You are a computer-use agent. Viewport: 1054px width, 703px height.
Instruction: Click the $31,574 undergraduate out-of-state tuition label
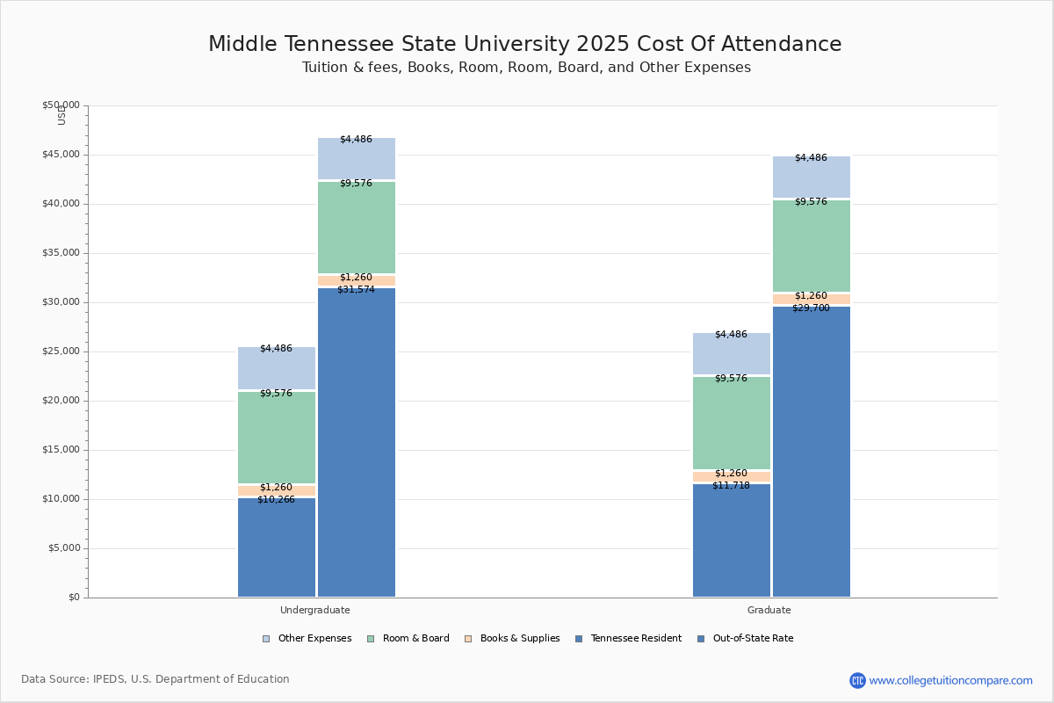[356, 289]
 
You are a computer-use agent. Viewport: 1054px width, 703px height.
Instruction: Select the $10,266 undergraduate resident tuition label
[276, 499]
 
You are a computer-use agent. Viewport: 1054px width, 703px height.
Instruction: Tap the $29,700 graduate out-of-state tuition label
[811, 308]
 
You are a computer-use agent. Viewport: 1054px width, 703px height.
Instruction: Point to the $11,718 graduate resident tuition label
[731, 485]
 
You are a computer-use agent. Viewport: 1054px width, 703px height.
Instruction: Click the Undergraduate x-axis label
[315, 610]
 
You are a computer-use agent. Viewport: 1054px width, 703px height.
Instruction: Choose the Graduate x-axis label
[769, 610]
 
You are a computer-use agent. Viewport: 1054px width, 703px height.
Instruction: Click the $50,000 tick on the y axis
[61, 105]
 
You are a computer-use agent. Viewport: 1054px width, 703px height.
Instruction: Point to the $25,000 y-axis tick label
[61, 351]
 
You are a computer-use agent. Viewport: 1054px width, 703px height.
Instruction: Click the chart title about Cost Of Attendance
[525, 45]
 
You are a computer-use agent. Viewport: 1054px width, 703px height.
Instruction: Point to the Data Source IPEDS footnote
[155, 679]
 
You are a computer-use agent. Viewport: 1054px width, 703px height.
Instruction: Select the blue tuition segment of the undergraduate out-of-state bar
[357, 439]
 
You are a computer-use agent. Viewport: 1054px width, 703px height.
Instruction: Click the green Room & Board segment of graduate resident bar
[732, 423]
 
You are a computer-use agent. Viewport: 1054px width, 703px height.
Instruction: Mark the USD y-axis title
[61, 114]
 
